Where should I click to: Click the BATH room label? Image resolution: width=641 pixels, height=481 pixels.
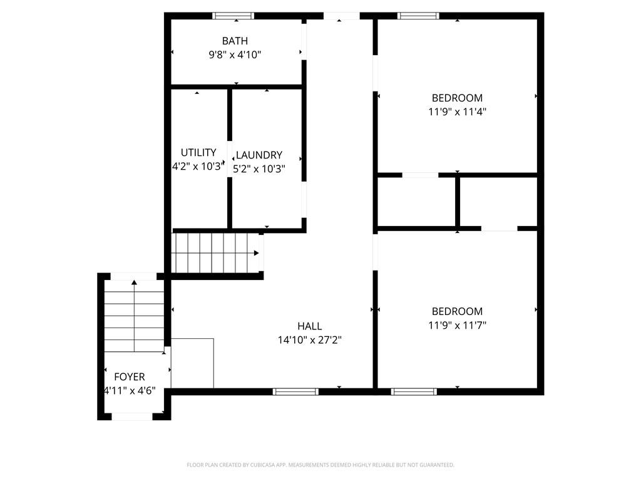(x=235, y=41)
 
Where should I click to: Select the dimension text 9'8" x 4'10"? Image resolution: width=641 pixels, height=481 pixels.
(x=235, y=54)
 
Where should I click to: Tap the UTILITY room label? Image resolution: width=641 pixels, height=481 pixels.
(x=198, y=152)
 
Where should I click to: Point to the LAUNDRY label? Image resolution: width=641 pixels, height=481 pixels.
(x=259, y=155)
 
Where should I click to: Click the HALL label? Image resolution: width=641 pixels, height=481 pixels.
(x=309, y=326)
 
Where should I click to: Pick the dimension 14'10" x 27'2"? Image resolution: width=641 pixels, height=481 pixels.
(x=309, y=340)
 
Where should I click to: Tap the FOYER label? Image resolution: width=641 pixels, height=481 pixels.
(x=129, y=376)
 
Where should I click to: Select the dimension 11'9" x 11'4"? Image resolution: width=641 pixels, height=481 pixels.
(x=457, y=112)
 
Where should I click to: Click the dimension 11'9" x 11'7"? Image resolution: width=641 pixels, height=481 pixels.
(x=457, y=325)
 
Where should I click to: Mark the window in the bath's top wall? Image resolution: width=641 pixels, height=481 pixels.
(x=233, y=16)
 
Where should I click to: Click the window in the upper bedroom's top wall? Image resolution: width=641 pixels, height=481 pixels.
(x=419, y=16)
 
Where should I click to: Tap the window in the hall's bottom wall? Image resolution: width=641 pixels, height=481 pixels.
(x=295, y=391)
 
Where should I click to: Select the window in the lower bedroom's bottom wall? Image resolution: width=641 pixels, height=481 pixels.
(x=414, y=391)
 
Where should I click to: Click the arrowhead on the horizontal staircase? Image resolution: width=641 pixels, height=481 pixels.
(x=256, y=253)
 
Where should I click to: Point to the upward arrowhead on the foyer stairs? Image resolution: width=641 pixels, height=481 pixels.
(x=134, y=282)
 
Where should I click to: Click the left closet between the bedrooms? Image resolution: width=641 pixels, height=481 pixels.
(x=416, y=202)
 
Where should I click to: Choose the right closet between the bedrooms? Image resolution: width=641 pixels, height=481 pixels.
(x=498, y=202)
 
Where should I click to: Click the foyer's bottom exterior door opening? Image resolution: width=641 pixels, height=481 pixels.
(x=131, y=416)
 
